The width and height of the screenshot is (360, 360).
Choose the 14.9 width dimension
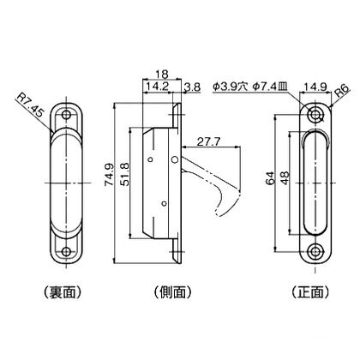point(313,87)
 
